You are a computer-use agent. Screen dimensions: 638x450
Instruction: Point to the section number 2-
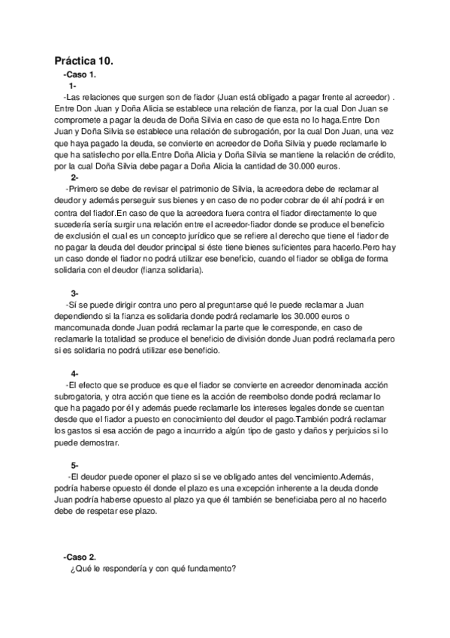click(75, 177)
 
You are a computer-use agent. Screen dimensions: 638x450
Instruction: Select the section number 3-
click(75, 293)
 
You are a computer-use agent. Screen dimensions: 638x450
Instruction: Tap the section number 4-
click(75, 374)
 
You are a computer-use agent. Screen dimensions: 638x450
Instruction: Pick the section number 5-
click(75, 466)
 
